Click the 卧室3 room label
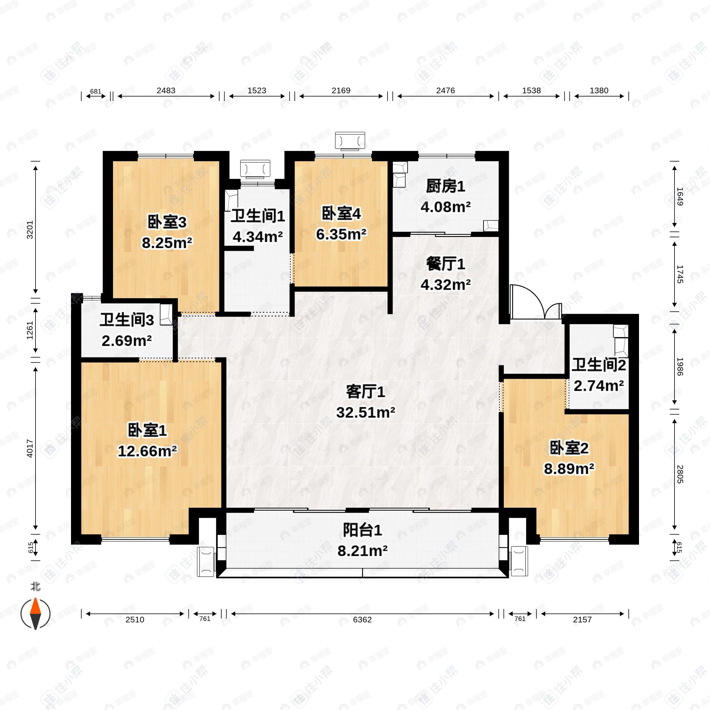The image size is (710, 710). pyautogui.click(x=167, y=222)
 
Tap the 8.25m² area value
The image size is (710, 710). pyautogui.click(x=167, y=243)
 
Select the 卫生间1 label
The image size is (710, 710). pyautogui.click(x=258, y=216)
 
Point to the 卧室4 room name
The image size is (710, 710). pyautogui.click(x=341, y=214)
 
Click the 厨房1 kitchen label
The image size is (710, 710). pyautogui.click(x=446, y=186)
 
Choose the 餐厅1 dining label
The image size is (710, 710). pyautogui.click(x=446, y=264)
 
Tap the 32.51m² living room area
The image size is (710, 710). pyautogui.click(x=366, y=412)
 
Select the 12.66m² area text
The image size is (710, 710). pyautogui.click(x=147, y=451)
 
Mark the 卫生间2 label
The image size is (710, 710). pyautogui.click(x=598, y=365)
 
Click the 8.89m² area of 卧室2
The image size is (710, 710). pyautogui.click(x=569, y=469)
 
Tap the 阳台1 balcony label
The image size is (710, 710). pyautogui.click(x=362, y=530)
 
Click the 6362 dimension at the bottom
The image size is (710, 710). pyautogui.click(x=362, y=619)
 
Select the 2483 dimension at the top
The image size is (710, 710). pyautogui.click(x=166, y=91)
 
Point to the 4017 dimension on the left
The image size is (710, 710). pyautogui.click(x=30, y=448)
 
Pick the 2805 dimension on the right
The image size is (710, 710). pyautogui.click(x=680, y=474)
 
